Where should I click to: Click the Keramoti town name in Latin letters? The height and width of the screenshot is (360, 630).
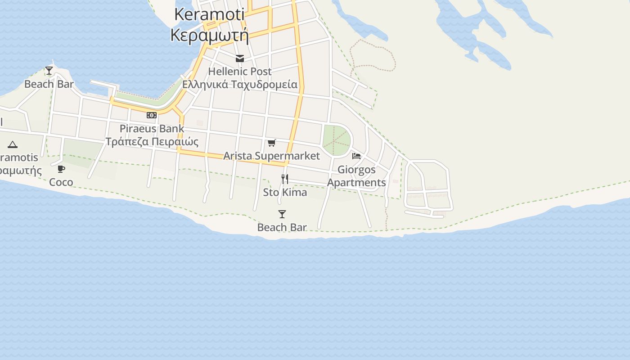(209, 14)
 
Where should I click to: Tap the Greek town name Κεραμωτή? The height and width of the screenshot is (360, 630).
(209, 35)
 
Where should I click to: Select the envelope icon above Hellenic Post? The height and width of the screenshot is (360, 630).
(240, 58)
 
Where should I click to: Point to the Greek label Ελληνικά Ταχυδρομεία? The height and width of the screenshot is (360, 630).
(239, 85)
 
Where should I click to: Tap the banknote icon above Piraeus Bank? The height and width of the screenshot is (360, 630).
(152, 115)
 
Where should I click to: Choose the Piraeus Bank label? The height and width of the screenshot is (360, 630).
(152, 129)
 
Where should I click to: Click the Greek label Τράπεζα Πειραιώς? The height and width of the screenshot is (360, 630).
(152, 142)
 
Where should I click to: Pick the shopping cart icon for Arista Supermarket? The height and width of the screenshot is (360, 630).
(271, 143)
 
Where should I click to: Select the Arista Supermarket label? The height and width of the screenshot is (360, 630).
(271, 156)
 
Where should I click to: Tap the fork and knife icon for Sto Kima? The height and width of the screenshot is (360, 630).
(285, 179)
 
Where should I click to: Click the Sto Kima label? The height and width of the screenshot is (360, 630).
(285, 193)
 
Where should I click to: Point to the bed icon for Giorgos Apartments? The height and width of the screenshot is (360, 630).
(356, 156)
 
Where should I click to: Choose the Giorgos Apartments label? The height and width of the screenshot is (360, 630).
(356, 176)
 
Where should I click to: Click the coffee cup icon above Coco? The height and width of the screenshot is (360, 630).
(61, 169)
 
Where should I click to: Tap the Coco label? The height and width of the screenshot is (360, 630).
(61, 182)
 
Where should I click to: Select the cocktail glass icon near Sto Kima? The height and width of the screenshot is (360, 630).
(282, 214)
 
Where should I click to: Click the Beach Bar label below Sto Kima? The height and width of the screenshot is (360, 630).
(282, 228)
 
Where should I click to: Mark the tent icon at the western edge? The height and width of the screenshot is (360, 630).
(13, 144)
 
